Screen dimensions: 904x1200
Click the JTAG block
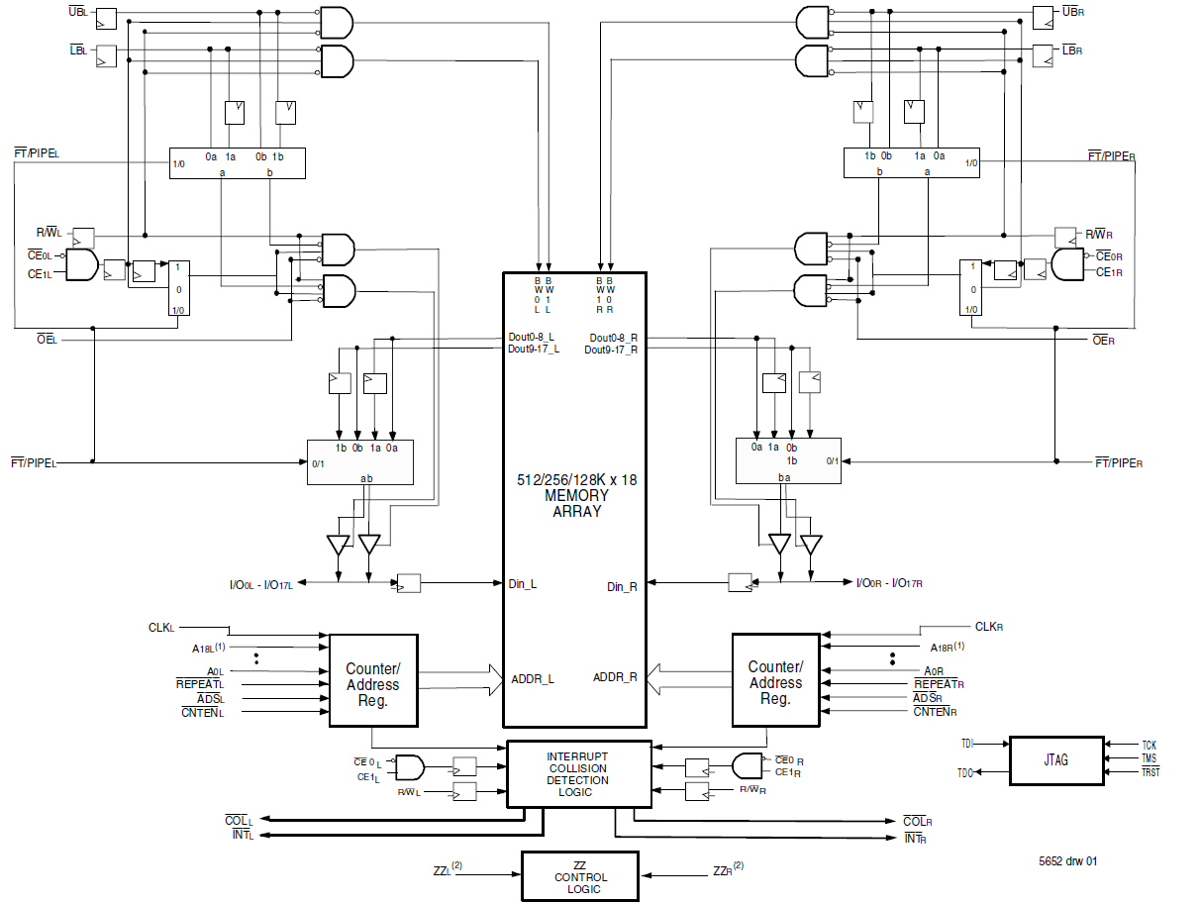(1055, 760)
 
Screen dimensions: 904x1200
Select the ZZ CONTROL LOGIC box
(580, 877)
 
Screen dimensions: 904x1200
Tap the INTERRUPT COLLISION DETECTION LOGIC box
(578, 774)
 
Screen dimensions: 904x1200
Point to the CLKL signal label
(161, 628)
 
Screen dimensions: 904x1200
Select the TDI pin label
(966, 743)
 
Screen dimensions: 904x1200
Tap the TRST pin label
(1150, 772)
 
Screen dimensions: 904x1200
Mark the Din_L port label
(523, 584)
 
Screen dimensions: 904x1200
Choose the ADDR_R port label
(615, 677)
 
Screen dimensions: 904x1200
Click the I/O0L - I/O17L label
(260, 583)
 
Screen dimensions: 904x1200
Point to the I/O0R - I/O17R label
(889, 583)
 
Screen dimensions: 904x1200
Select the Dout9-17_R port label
(611, 350)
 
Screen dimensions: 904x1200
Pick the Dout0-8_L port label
(533, 338)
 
